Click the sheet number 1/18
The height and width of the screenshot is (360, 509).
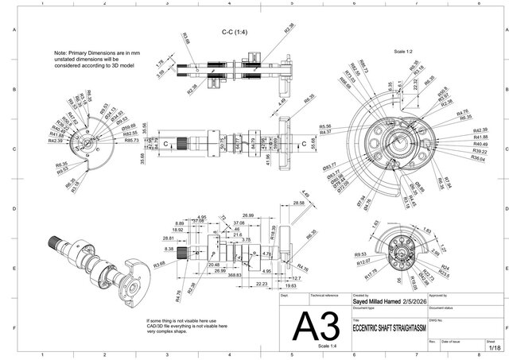click(495, 347)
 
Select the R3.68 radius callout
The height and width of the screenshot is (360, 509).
click(159, 263)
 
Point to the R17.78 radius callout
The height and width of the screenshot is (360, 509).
click(371, 274)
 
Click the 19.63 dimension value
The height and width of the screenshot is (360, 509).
click(292, 285)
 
